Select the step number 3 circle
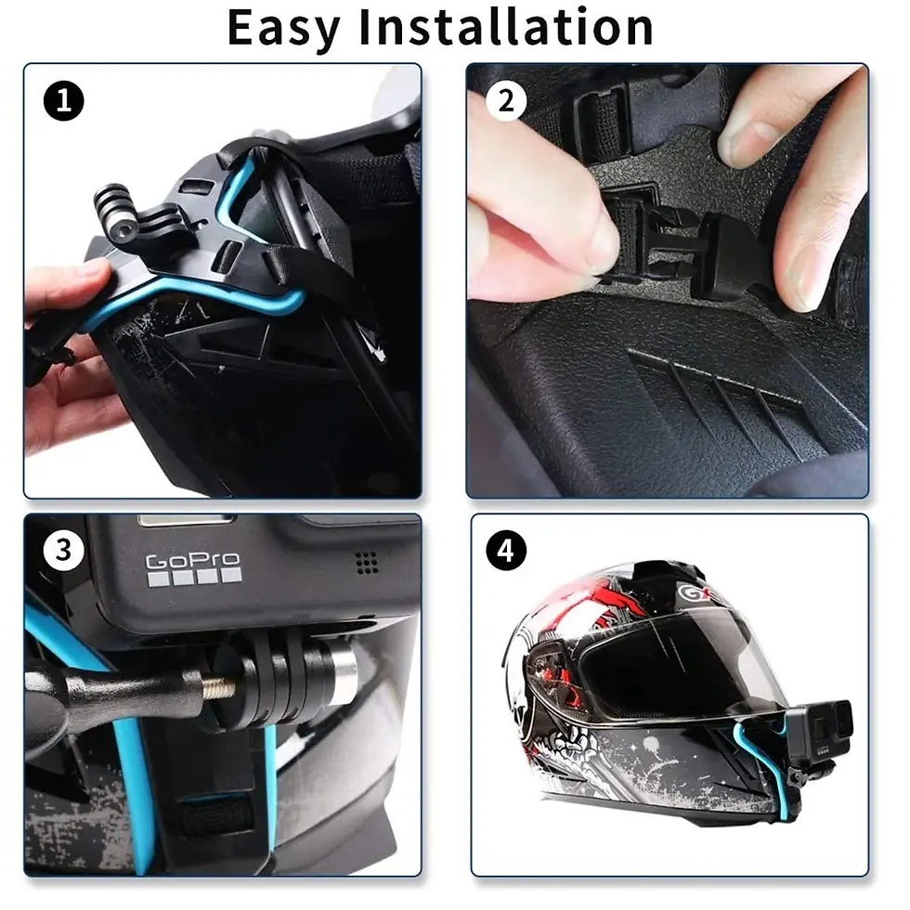[63, 551]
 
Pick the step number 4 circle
[506, 552]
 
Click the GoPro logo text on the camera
[193, 561]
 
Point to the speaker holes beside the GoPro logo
[367, 562]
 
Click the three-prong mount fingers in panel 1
[117, 209]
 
